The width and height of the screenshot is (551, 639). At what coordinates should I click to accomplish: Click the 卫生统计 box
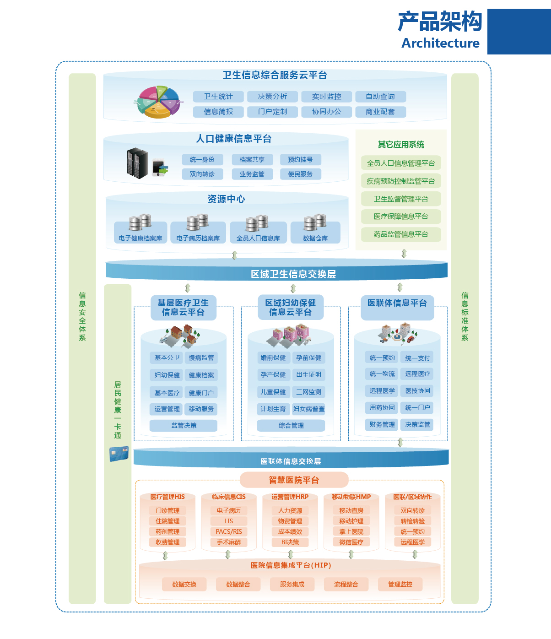[x=218, y=97]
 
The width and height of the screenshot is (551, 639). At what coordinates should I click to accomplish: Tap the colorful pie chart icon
[x=158, y=102]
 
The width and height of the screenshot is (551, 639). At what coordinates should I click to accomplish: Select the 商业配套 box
[x=380, y=112]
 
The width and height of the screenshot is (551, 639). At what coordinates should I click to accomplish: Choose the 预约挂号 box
[x=300, y=160]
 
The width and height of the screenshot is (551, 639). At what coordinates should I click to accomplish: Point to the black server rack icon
[x=137, y=163]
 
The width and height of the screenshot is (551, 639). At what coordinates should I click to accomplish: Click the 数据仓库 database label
[x=315, y=238]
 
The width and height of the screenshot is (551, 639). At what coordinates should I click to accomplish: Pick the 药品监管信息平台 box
[x=401, y=234]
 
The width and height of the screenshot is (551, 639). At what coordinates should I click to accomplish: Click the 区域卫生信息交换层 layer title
[x=293, y=274]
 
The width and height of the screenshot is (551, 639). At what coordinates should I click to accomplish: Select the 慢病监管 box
[x=201, y=358]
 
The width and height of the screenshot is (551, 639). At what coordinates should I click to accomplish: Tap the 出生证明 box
[x=308, y=375]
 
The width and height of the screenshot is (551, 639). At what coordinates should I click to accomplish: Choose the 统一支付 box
[x=417, y=358]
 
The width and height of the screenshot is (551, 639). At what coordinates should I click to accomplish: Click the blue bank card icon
[x=119, y=454]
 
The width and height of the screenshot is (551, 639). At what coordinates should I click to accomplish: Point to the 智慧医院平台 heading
[x=294, y=480]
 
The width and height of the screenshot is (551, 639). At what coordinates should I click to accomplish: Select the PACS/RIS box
[x=229, y=531]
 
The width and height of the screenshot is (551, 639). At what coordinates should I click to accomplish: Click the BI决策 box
[x=290, y=542]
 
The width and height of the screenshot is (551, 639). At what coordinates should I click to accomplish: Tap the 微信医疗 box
[x=351, y=542]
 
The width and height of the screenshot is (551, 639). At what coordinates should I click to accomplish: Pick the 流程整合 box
[x=346, y=584]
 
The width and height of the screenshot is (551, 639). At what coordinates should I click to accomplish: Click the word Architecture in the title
[x=440, y=43]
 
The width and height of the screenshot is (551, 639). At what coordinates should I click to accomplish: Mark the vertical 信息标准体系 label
[x=465, y=316]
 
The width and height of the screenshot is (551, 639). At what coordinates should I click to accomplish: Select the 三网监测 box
[x=308, y=392]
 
